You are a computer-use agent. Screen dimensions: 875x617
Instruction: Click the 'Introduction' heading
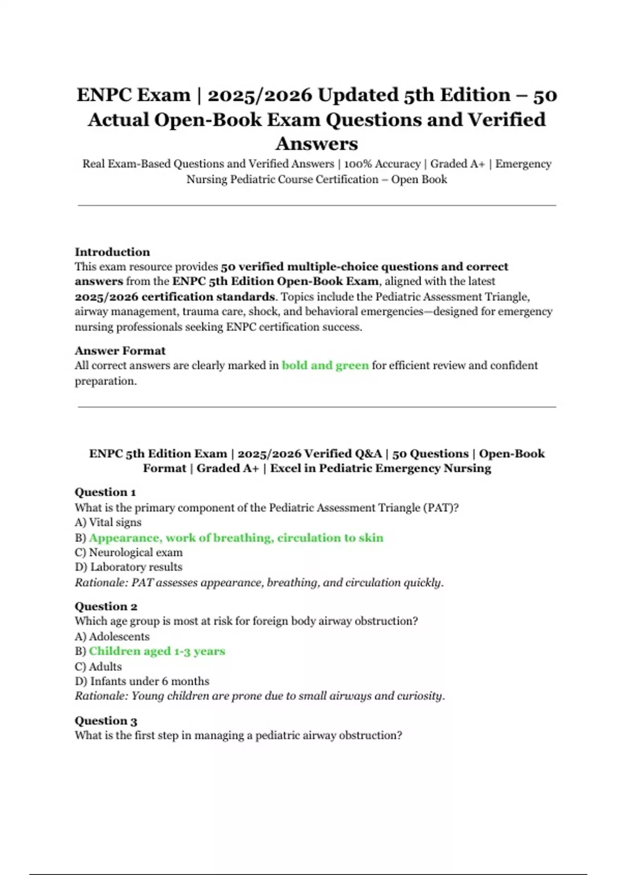pyautogui.click(x=112, y=252)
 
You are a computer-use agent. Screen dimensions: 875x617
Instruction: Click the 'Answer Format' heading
pyautogui.click(x=120, y=351)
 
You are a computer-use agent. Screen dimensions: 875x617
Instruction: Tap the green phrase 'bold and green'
pyautogui.click(x=325, y=365)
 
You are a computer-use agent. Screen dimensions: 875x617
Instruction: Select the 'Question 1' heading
pyautogui.click(x=105, y=492)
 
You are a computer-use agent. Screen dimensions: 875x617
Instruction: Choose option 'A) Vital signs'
pyautogui.click(x=108, y=522)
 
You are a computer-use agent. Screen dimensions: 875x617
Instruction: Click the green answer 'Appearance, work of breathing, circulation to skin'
pyautogui.click(x=236, y=538)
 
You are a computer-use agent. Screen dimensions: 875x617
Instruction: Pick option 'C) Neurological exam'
pyautogui.click(x=129, y=552)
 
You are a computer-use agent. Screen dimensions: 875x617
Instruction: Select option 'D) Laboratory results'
pyautogui.click(x=129, y=567)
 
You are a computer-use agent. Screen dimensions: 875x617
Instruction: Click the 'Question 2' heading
pyautogui.click(x=106, y=606)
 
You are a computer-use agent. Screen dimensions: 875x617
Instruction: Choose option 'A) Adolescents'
pyautogui.click(x=112, y=637)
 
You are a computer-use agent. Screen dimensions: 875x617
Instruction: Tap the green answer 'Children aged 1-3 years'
pyautogui.click(x=157, y=651)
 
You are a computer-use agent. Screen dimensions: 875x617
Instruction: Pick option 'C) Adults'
pyautogui.click(x=98, y=667)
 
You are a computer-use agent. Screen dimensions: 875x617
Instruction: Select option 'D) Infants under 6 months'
pyautogui.click(x=142, y=681)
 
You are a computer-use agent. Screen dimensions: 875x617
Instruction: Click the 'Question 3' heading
pyautogui.click(x=106, y=721)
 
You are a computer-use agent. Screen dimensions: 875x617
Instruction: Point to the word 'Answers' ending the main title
pyautogui.click(x=316, y=144)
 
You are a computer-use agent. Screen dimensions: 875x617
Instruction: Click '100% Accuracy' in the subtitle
pyautogui.click(x=382, y=164)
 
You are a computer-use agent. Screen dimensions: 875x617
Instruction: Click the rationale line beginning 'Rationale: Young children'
pyautogui.click(x=260, y=696)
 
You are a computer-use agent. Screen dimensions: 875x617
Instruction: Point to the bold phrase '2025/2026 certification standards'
pyautogui.click(x=175, y=297)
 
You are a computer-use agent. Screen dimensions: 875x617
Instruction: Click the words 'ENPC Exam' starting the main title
pyautogui.click(x=134, y=95)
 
